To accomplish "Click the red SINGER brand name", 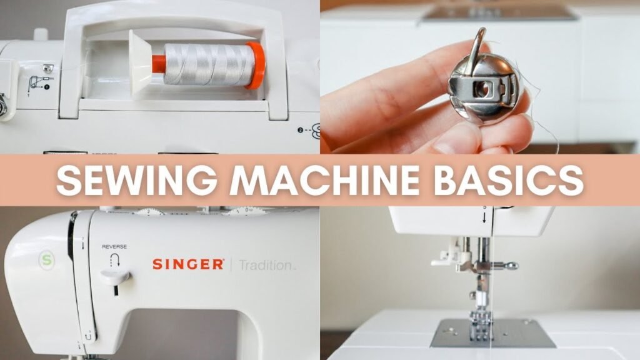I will pos(188,264).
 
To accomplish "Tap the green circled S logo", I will pos(44,257).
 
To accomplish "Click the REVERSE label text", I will pos(114,247).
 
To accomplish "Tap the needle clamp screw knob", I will pos(512,266).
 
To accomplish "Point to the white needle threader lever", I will pos(446,256).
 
